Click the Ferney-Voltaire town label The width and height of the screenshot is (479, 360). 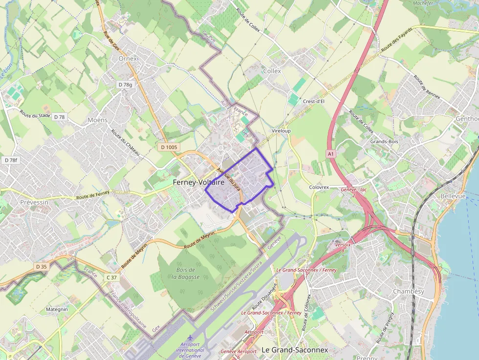pos(198,182)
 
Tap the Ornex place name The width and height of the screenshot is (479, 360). pos(128,59)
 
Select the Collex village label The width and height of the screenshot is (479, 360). pos(272,71)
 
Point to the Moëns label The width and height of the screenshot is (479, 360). pos(97,120)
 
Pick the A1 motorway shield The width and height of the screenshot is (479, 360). pos(331,154)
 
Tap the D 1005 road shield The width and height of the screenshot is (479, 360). pos(169,147)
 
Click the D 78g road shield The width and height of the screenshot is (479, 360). pos(125,85)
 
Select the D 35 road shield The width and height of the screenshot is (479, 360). pos(42,266)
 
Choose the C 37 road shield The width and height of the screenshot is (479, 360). pos(112,277)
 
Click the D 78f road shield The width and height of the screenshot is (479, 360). pos(11,160)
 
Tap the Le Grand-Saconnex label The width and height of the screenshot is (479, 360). pos(295,350)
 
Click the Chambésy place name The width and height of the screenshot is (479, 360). pos(409,292)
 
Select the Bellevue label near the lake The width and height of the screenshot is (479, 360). pos(453,195)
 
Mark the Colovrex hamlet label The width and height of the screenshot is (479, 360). pos(319,187)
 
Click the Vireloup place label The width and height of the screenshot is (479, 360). pos(281,131)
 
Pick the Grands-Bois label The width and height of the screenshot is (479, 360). pos(385,142)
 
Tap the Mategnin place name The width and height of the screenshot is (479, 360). pos(57,309)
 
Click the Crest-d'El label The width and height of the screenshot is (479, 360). pos(314,102)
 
